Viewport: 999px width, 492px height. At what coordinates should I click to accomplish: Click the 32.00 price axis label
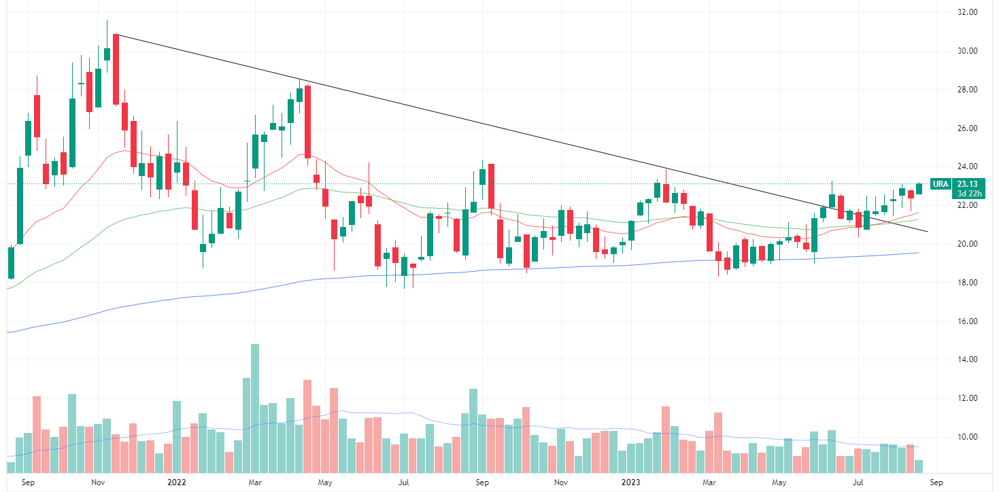click(967, 12)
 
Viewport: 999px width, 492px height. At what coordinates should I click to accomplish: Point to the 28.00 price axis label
click(967, 90)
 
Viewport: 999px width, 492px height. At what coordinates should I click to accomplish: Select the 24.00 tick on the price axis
click(967, 166)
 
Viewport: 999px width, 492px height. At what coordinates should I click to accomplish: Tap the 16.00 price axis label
click(967, 321)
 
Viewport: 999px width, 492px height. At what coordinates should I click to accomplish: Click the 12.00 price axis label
click(967, 398)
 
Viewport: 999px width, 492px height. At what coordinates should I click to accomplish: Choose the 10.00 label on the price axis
click(967, 437)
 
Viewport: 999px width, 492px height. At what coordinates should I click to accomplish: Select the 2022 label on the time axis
click(176, 483)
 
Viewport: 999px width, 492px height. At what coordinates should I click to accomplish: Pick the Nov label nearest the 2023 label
click(560, 483)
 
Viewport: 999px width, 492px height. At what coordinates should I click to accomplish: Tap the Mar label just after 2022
click(255, 483)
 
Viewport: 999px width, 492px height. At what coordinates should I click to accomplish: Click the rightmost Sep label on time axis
click(936, 483)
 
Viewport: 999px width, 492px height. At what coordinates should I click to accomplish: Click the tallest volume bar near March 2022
click(255, 408)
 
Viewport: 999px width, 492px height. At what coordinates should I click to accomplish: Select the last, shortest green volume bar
click(919, 466)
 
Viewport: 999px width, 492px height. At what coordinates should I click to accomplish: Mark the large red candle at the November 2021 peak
click(116, 69)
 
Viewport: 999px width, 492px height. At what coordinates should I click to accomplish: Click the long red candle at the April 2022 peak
click(307, 122)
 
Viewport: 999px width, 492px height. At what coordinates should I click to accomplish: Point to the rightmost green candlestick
click(919, 188)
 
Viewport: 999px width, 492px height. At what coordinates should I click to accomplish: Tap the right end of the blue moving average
click(919, 253)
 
